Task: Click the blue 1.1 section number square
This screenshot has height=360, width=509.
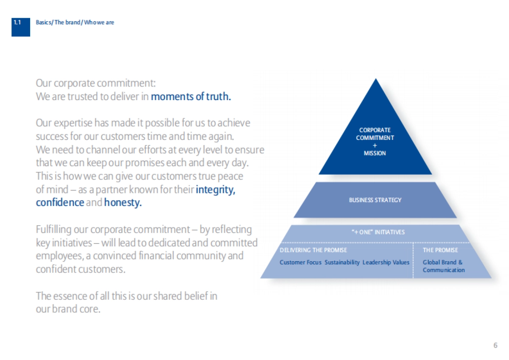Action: coord(20,27)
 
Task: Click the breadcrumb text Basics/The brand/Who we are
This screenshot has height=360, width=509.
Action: coord(75,22)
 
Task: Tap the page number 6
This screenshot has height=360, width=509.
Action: coord(495,345)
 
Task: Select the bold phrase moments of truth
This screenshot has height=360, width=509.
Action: coord(191,97)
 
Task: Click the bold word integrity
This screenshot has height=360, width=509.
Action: coord(215,190)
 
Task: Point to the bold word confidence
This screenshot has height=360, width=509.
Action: coord(60,203)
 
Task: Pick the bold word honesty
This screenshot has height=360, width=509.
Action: coord(123,203)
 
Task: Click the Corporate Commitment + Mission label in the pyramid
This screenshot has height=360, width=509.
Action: coord(375,142)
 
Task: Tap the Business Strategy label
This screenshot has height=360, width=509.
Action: coord(375,200)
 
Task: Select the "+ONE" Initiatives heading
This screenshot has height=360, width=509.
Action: coord(375,232)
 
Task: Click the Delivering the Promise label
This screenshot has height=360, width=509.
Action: coord(313,250)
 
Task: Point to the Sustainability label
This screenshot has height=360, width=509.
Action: coord(342,262)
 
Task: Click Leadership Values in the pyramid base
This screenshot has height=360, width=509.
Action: coord(386,262)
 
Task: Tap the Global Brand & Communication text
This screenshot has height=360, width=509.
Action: coord(443,266)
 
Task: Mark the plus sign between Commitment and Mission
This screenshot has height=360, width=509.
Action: coord(375,145)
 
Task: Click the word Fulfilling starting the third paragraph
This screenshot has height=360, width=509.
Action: coord(53,230)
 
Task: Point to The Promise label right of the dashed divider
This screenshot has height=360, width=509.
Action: coord(440,250)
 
